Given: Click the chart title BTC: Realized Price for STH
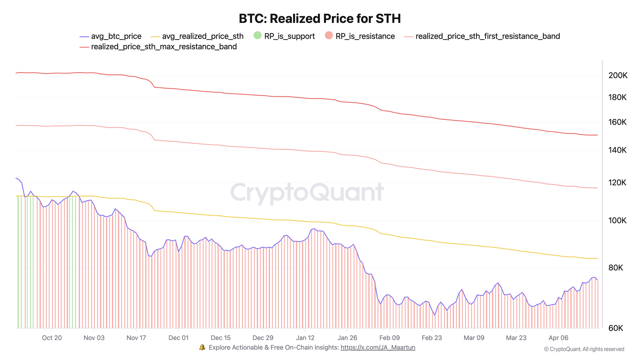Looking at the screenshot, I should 320,19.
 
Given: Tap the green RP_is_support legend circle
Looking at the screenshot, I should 258,36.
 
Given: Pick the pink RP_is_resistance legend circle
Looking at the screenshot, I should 329,36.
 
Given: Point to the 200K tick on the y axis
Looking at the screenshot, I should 618,76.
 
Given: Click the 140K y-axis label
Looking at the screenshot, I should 617,150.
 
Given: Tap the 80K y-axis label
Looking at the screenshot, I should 616,268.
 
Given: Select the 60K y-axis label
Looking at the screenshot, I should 616,328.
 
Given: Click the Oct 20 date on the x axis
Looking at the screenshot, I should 52,338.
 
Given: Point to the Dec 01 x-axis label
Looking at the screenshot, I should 178,338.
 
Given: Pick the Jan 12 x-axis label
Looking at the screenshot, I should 305,338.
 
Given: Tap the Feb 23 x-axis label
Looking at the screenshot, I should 432,338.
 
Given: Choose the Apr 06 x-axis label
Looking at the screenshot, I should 558,338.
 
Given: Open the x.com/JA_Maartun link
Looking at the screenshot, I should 378,348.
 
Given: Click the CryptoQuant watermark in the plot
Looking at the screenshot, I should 307,192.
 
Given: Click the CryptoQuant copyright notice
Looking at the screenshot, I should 584,349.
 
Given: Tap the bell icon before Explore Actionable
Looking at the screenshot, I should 202,347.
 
